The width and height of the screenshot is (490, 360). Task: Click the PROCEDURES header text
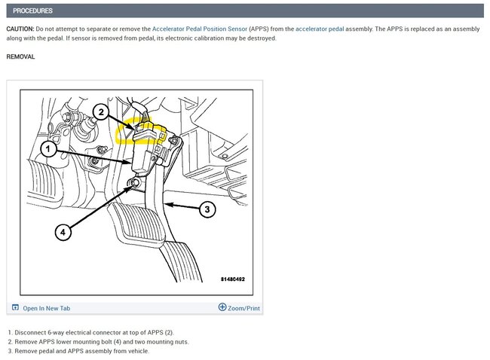pyautogui.click(x=32, y=11)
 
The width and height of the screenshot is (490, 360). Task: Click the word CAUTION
pyautogui.click(x=20, y=29)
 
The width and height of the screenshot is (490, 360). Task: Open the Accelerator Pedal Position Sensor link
pyautogui.click(x=199, y=29)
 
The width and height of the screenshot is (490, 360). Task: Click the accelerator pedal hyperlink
pyautogui.click(x=320, y=29)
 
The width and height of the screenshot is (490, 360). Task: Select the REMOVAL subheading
pyautogui.click(x=20, y=56)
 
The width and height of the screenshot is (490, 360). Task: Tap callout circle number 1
pyautogui.click(x=48, y=149)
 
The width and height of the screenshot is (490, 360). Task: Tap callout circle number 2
pyautogui.click(x=100, y=111)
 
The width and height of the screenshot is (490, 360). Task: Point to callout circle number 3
pyautogui.click(x=207, y=209)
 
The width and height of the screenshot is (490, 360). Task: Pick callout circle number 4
pyautogui.click(x=63, y=232)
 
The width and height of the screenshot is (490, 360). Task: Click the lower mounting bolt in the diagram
pyautogui.click(x=136, y=183)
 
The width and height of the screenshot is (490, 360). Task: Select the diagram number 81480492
pyautogui.click(x=233, y=279)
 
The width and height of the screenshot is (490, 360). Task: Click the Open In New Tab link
pyautogui.click(x=46, y=308)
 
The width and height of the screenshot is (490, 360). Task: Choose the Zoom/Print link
pyautogui.click(x=243, y=308)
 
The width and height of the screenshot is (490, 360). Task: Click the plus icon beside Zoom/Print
pyautogui.click(x=222, y=307)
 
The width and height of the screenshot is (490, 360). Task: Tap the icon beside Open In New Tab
pyautogui.click(x=15, y=307)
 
